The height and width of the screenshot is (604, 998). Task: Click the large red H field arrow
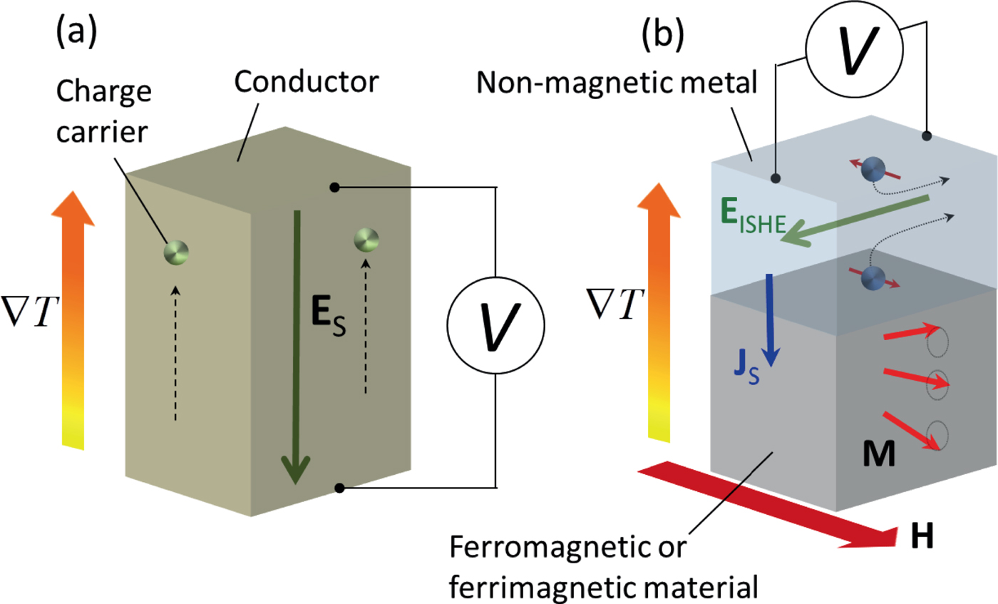(x=770, y=507)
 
